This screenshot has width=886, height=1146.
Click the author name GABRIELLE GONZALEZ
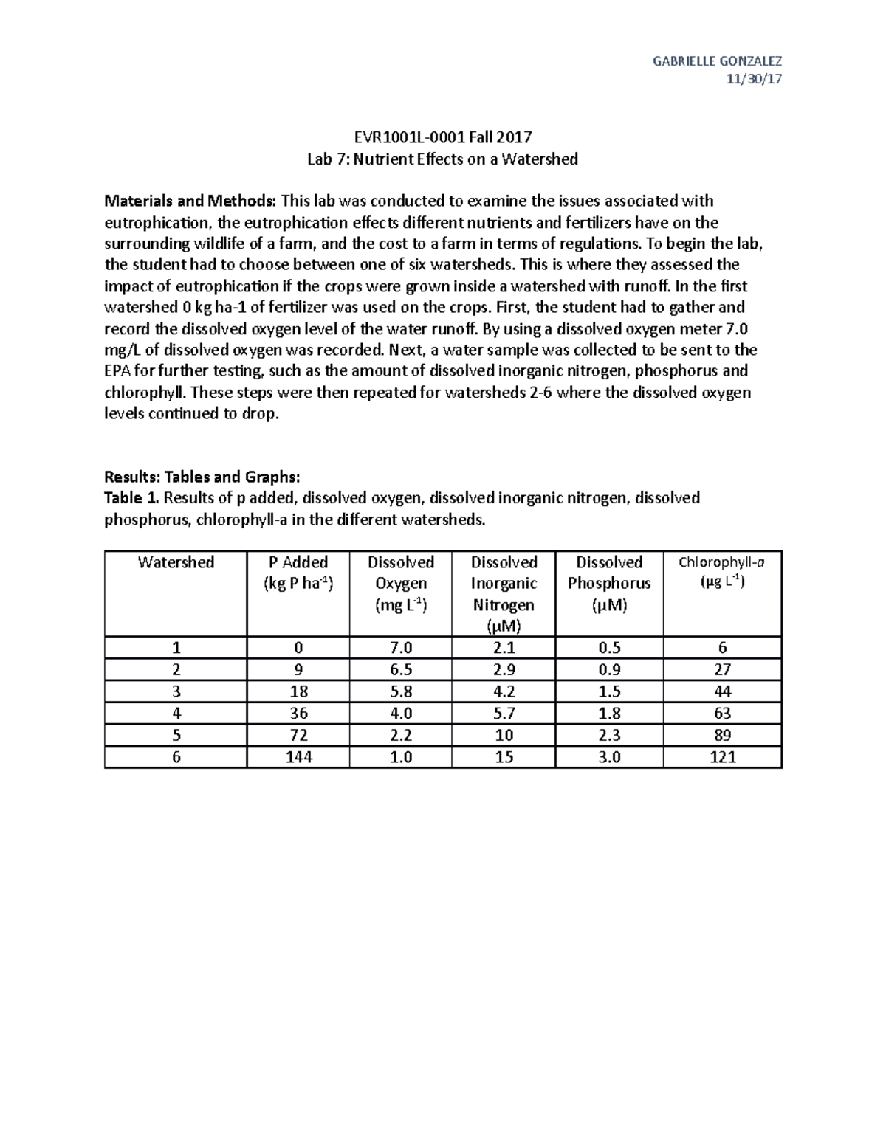[717, 61]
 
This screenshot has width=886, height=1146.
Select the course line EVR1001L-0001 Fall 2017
[442, 137]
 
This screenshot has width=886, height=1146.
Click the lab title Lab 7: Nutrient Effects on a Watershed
[442, 159]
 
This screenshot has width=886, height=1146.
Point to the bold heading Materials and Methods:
[190, 201]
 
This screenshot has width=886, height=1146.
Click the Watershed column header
[176, 562]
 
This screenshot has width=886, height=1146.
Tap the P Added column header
[298, 573]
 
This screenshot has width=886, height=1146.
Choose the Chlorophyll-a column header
[721, 572]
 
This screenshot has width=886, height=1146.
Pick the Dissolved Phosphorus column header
[609, 583]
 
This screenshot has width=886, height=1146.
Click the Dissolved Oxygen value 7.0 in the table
[400, 648]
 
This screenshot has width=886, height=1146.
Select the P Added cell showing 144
[298, 757]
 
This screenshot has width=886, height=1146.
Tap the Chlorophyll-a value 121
[721, 757]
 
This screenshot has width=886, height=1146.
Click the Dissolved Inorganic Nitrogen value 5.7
[504, 714]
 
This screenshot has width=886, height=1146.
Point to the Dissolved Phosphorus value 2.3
[609, 735]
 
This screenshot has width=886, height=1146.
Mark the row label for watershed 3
[176, 691]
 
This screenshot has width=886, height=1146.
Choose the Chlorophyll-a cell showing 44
[721, 691]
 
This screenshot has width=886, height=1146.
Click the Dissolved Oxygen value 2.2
[400, 735]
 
